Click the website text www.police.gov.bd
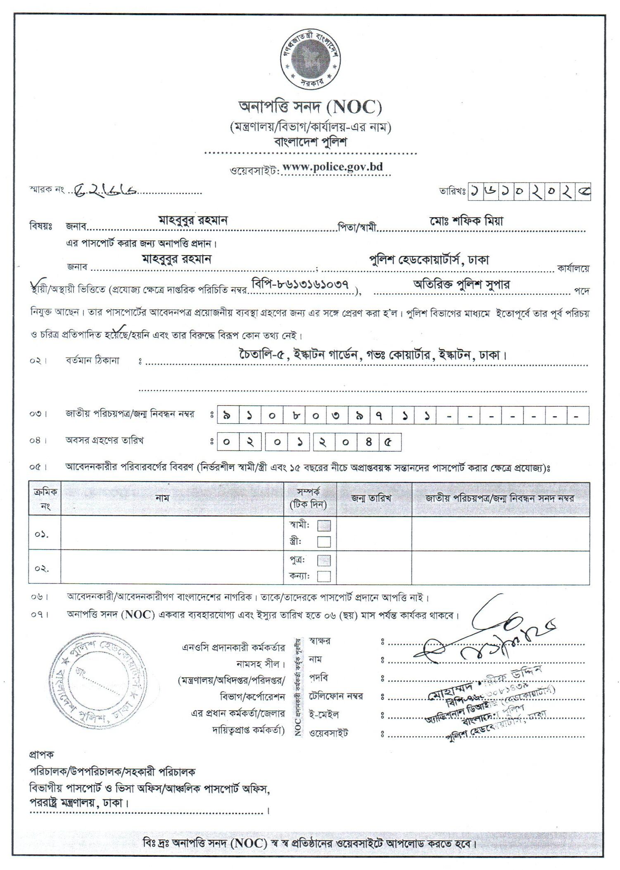[x=333, y=167]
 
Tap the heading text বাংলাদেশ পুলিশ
[x=311, y=142]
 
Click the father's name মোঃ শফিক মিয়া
[x=466, y=221]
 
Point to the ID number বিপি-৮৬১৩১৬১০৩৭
[x=300, y=284]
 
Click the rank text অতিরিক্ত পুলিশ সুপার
[x=461, y=284]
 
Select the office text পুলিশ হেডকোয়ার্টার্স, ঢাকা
[x=429, y=260]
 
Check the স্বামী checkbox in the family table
[x=324, y=526]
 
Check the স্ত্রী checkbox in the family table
[x=324, y=541]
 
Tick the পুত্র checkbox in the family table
[x=324, y=560]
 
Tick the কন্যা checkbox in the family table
[x=324, y=576]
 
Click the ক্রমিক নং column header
[x=44, y=498]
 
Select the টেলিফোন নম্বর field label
[x=336, y=696]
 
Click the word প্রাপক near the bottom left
[x=41, y=754]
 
